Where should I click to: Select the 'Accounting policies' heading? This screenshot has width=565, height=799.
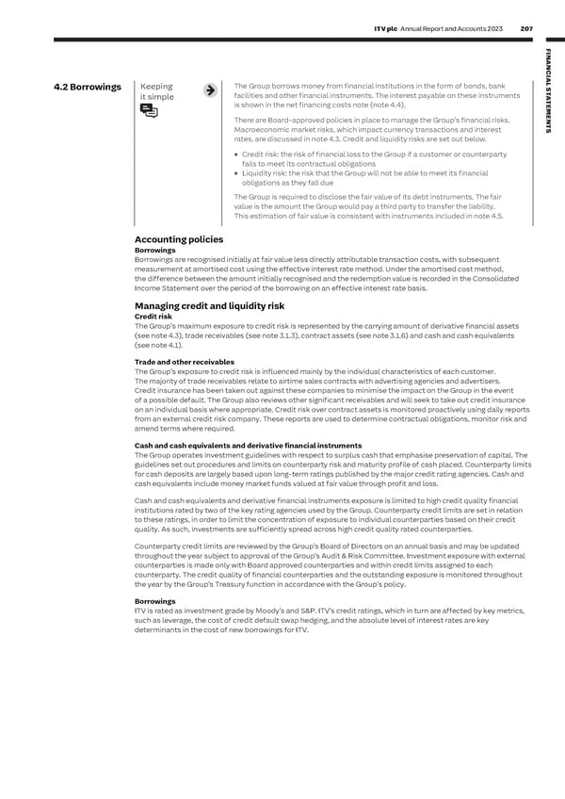[179, 239]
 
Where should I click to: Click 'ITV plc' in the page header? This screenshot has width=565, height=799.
[388, 28]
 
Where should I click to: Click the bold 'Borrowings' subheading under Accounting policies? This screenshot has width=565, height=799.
[154, 251]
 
